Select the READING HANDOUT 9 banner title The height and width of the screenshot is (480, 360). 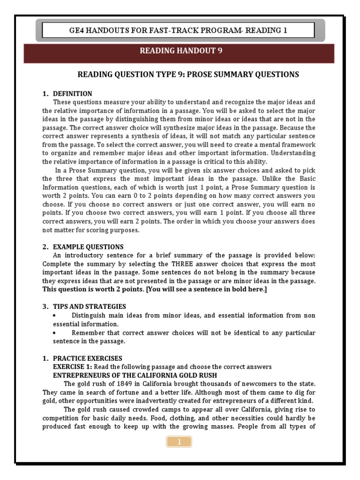180,52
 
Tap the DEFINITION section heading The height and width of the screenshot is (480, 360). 72,94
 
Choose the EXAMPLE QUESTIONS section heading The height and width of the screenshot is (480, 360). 88,247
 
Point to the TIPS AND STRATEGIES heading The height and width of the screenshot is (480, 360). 89,306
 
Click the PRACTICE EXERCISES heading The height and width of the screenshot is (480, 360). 87,358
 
